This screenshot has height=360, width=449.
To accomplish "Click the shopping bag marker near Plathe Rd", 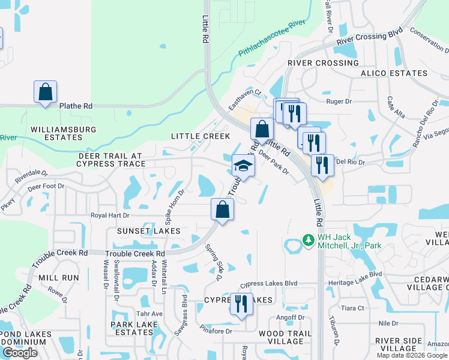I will pyautogui.click(x=45, y=92).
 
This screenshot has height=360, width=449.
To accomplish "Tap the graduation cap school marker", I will pyautogui.click(x=243, y=166).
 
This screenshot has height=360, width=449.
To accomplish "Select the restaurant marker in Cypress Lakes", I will pyautogui.click(x=241, y=304).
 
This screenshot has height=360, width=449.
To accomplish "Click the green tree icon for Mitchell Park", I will pyautogui.click(x=309, y=240).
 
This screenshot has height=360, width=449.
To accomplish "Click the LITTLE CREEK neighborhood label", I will pyautogui.click(x=200, y=136).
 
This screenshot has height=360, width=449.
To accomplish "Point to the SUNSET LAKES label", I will pyautogui.click(x=149, y=231).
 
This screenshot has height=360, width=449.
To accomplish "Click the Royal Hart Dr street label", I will pyautogui.click(x=110, y=214).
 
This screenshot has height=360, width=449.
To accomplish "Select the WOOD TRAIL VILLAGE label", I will pyautogui.click(x=285, y=337).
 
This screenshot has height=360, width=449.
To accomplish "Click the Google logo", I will pyautogui.click(x=20, y=353).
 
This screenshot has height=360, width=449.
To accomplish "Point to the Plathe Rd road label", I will pyautogui.click(x=76, y=106).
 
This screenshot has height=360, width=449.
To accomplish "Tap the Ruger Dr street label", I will pyautogui.click(x=338, y=101).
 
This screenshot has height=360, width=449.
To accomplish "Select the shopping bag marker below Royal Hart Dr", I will pyautogui.click(x=222, y=210).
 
